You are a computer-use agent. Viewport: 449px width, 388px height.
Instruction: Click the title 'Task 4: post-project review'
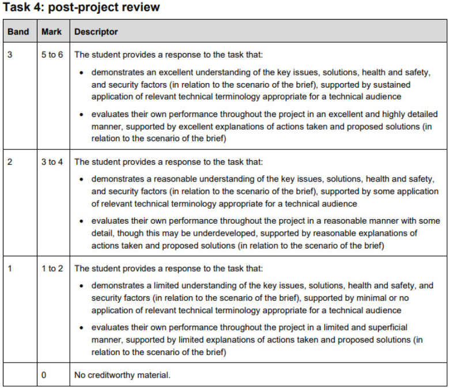pyautogui.click(x=81, y=7)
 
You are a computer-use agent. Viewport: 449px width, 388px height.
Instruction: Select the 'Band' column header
pyautogui.click(x=18, y=32)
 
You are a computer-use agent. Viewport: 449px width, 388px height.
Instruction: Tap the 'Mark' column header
pyautogui.click(x=51, y=32)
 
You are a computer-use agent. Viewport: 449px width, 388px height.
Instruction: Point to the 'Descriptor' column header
pyautogui.click(x=96, y=32)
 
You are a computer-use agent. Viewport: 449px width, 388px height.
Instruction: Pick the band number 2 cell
pyautogui.click(x=10, y=162)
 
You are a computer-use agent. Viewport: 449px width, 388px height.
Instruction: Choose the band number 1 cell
pyautogui.click(x=10, y=268)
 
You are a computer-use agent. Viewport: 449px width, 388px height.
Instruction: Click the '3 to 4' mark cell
pyautogui.click(x=52, y=162)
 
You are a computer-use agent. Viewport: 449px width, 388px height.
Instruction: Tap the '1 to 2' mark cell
pyautogui.click(x=52, y=268)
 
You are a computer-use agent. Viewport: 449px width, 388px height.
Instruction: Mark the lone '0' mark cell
pyautogui.click(x=44, y=375)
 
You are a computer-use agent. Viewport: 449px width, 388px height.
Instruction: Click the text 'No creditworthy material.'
pyautogui.click(x=122, y=375)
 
